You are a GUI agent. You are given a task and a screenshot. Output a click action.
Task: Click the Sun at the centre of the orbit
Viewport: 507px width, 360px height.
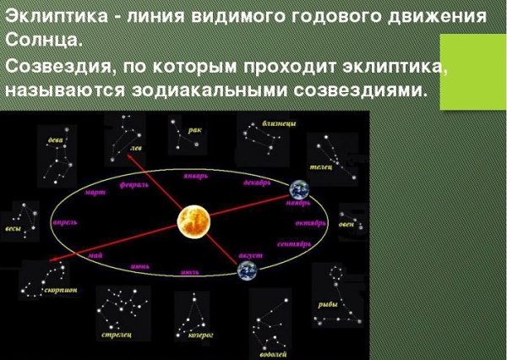(194, 222)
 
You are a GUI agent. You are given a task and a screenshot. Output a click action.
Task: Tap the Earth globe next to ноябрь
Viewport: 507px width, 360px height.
(300, 191)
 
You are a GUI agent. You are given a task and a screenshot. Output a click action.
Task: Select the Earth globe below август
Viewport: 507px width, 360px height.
(247, 270)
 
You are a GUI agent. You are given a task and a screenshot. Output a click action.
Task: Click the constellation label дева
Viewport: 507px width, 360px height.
(56, 140)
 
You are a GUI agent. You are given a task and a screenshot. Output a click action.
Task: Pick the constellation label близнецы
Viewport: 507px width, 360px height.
(279, 123)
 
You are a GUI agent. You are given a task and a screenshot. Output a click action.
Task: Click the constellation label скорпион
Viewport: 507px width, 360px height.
(61, 290)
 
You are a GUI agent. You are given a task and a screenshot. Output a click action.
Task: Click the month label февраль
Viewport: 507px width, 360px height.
(134, 183)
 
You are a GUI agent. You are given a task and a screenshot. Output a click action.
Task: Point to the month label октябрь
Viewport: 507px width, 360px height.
(311, 223)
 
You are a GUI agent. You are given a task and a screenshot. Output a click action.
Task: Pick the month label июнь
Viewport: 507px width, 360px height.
(139, 265)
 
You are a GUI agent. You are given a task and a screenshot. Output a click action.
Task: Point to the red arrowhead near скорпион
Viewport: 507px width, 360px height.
(52, 262)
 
